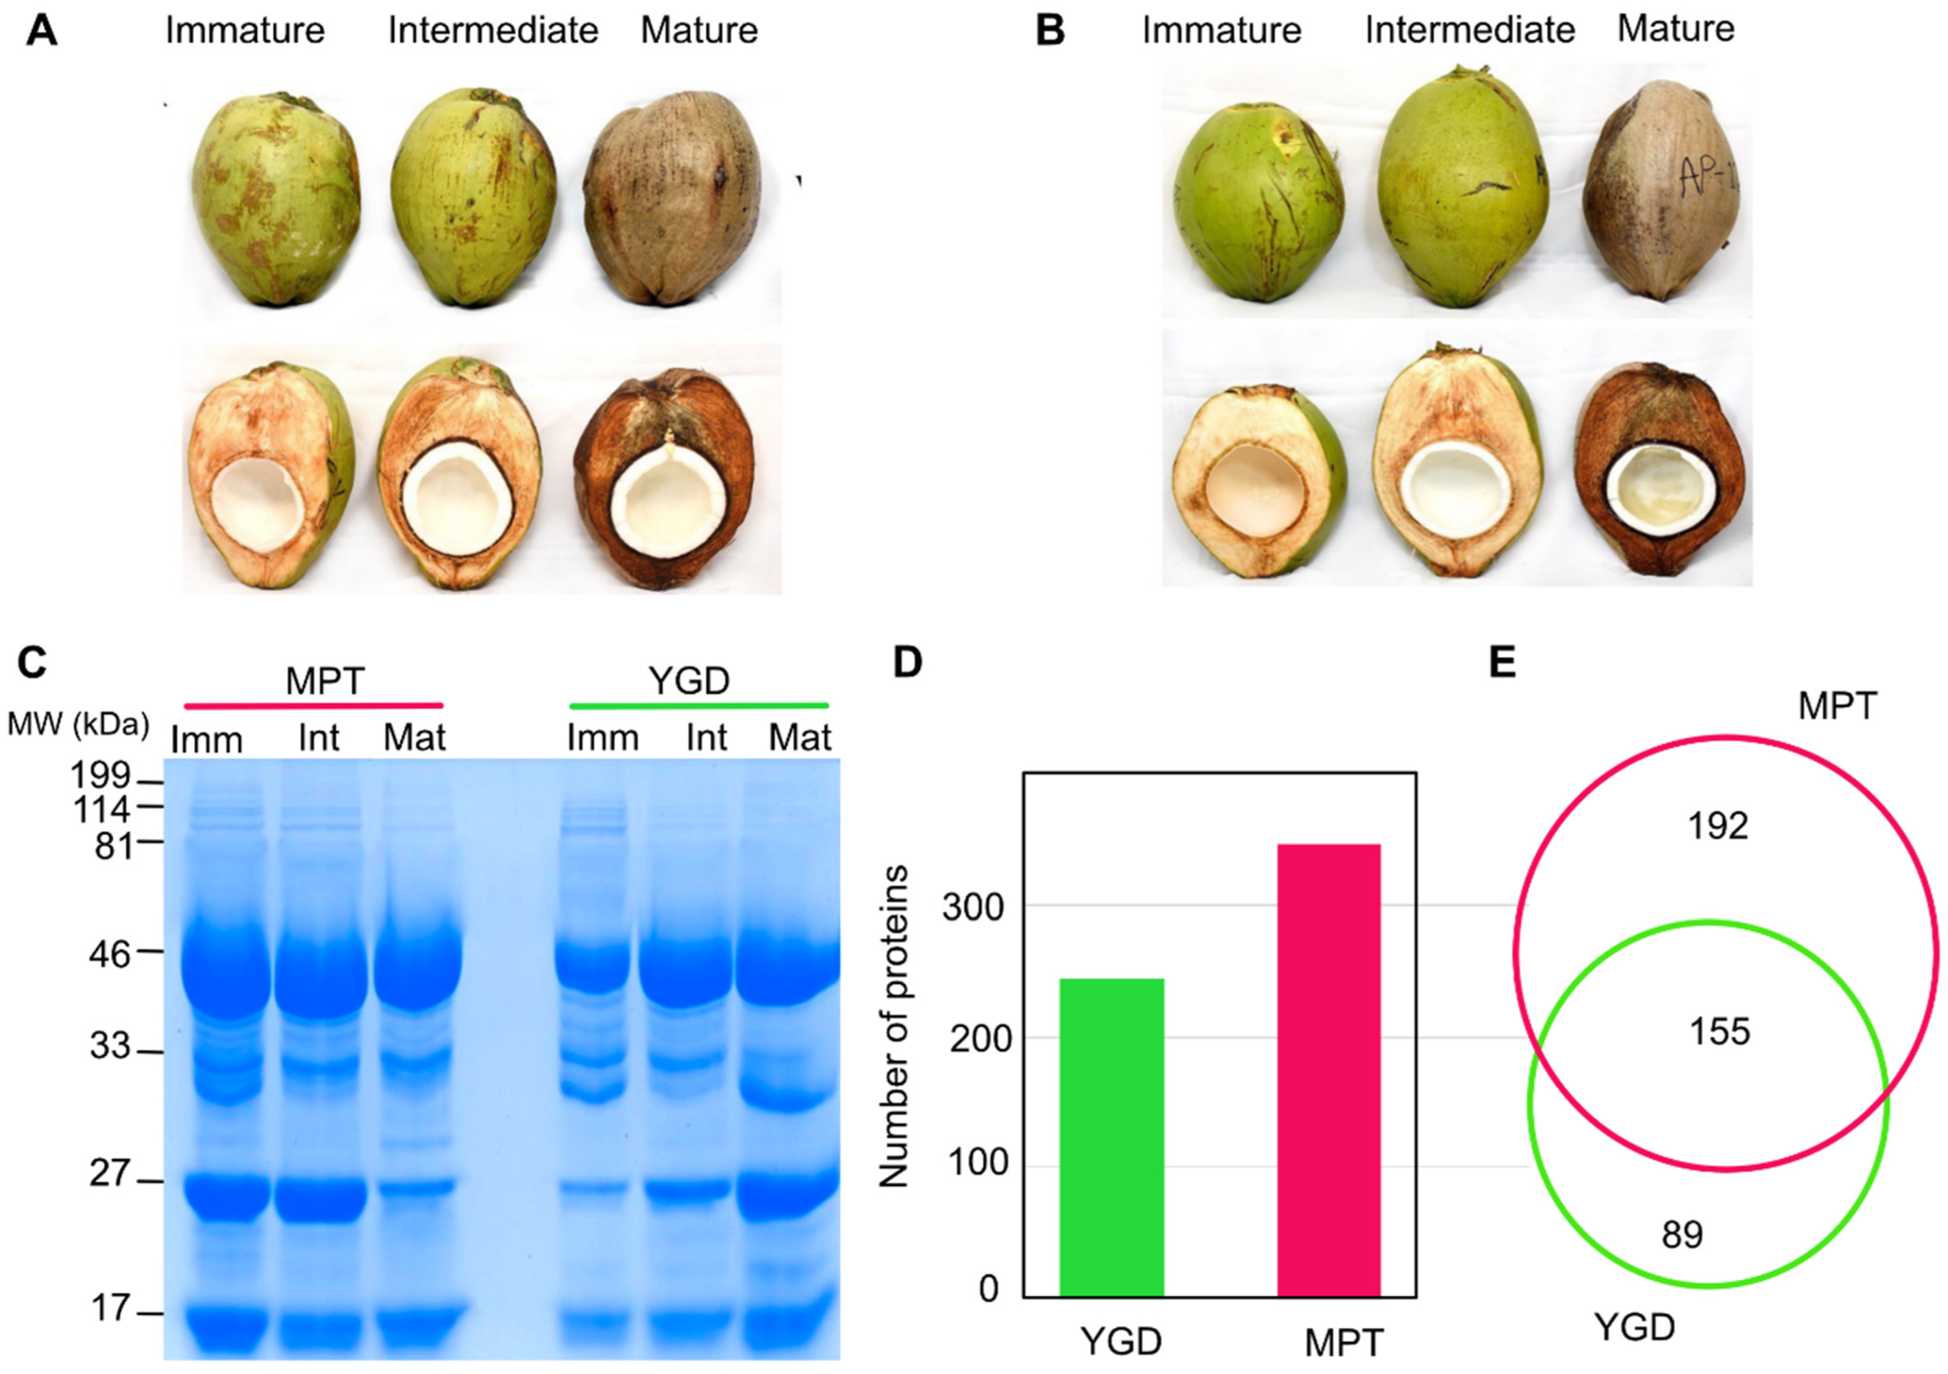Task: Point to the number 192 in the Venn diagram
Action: [x=1718, y=826]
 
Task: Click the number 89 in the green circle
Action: [x=1682, y=1235]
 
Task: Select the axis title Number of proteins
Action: [x=894, y=1026]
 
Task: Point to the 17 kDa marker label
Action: [x=111, y=1309]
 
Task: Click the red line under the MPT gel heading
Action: [x=314, y=705]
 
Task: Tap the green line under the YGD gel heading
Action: [x=698, y=705]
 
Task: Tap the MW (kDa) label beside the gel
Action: [x=78, y=725]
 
